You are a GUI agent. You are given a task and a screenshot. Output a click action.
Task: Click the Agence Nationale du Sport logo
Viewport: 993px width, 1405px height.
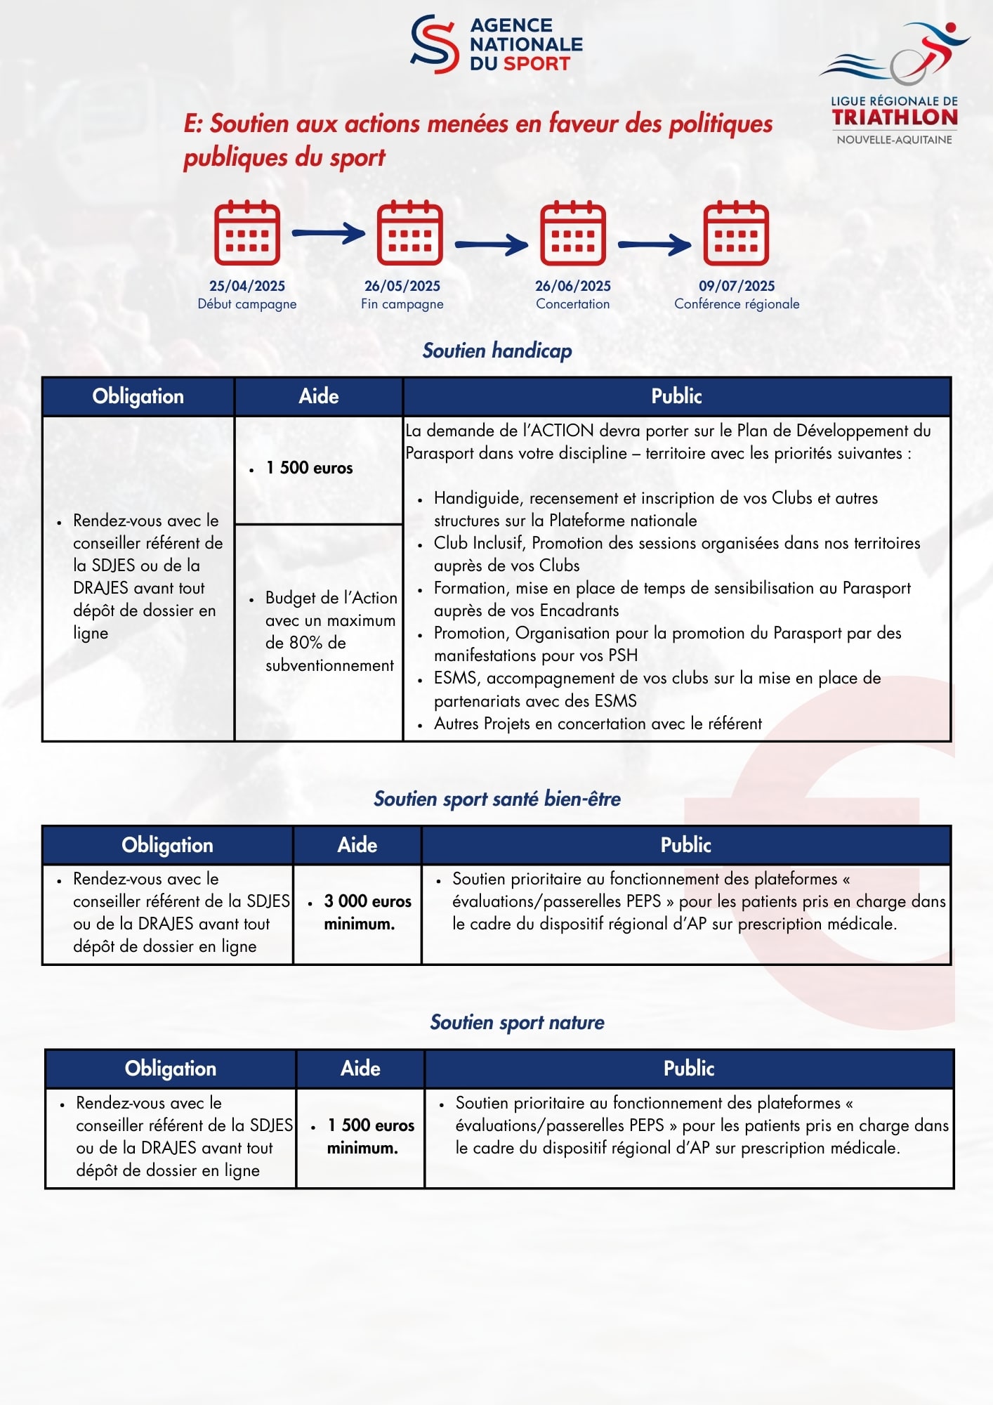[x=496, y=44]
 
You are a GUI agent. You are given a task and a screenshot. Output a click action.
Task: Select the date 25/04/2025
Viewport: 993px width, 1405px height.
[x=247, y=286]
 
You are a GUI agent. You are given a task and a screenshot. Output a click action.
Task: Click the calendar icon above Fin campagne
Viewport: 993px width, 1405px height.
[x=410, y=233]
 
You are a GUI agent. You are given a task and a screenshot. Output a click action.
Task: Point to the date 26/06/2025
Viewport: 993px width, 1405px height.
[x=573, y=286]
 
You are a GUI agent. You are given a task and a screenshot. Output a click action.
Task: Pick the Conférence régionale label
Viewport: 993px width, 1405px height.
[x=737, y=304]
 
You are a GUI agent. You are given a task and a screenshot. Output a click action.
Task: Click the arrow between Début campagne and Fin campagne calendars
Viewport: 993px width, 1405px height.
[x=329, y=233]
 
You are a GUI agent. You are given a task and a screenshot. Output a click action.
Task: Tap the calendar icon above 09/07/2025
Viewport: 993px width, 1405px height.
[x=736, y=233]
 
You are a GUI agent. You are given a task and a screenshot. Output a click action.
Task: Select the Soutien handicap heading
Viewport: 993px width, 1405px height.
[x=497, y=351]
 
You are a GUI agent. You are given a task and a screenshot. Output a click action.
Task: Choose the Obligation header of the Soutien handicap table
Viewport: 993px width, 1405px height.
[x=138, y=396]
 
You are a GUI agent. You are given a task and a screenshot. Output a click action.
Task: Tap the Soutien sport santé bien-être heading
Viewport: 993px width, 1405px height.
[x=497, y=799]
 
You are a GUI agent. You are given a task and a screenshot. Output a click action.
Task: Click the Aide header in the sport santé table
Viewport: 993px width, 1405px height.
[x=357, y=845]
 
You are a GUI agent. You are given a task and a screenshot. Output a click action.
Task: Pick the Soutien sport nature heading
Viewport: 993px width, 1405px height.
[x=518, y=1022]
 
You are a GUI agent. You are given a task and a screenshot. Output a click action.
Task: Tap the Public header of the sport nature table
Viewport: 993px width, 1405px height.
[x=689, y=1069]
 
